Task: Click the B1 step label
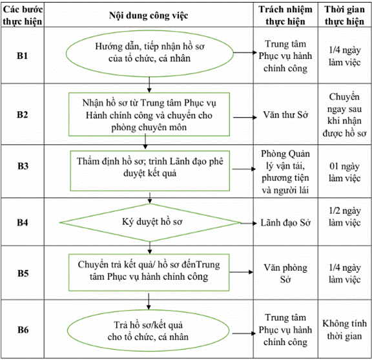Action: click(x=23, y=56)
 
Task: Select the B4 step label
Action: click(x=23, y=222)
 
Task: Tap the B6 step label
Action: click(x=23, y=330)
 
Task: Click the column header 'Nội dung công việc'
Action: click(x=149, y=16)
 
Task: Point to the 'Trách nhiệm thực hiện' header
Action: click(x=285, y=16)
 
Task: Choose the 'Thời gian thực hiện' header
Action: click(x=344, y=16)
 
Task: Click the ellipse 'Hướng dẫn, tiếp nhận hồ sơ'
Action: click(x=150, y=54)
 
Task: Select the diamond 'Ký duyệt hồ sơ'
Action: click(x=150, y=222)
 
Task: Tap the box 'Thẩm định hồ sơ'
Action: click(x=150, y=171)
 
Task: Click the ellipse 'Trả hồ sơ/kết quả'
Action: click(x=149, y=330)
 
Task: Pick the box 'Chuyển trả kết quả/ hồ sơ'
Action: click(x=149, y=273)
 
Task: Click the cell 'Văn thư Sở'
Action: click(x=285, y=115)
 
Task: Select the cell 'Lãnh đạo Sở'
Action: click(x=285, y=223)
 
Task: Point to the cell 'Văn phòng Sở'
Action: click(x=285, y=273)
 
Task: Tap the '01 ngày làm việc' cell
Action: click(x=344, y=172)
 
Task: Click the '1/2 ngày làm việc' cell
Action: click(x=344, y=217)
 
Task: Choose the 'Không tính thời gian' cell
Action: click(x=344, y=330)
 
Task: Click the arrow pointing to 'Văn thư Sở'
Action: click(x=245, y=118)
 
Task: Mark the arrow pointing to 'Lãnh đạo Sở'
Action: click(x=249, y=223)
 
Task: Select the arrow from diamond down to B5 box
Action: click(x=150, y=248)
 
